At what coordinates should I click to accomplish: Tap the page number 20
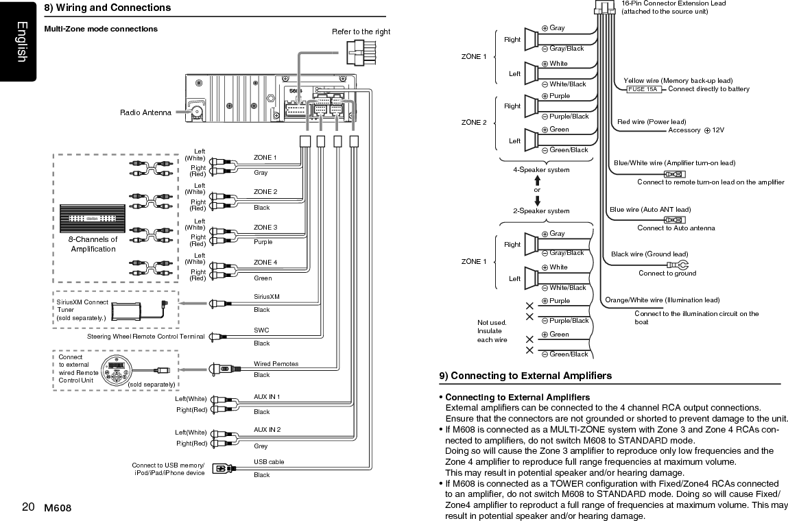pyautogui.click(x=28, y=507)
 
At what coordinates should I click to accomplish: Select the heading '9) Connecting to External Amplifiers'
pyautogui.click(x=526, y=376)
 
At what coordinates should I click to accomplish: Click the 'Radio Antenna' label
pyautogui.click(x=145, y=112)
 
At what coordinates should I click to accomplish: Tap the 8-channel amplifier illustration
pyautogui.click(x=92, y=219)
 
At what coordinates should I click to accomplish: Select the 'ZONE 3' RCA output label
pyautogui.click(x=265, y=227)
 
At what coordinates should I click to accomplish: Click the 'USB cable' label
pyautogui.click(x=269, y=462)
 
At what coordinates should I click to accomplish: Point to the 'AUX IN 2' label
pyautogui.click(x=267, y=430)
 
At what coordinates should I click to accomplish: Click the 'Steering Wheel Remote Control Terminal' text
pyautogui.click(x=146, y=337)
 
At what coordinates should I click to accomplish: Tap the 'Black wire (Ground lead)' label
pyautogui.click(x=649, y=254)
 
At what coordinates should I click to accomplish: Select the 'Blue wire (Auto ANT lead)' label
pyautogui.click(x=650, y=210)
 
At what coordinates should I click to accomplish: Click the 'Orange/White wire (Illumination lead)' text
pyautogui.click(x=662, y=300)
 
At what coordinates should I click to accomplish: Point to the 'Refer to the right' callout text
pyautogui.click(x=361, y=32)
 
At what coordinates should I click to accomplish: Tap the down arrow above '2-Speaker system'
pyautogui.click(x=537, y=200)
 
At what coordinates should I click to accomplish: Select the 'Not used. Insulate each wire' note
pyautogui.click(x=492, y=331)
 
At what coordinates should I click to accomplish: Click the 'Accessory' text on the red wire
pyautogui.click(x=684, y=130)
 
